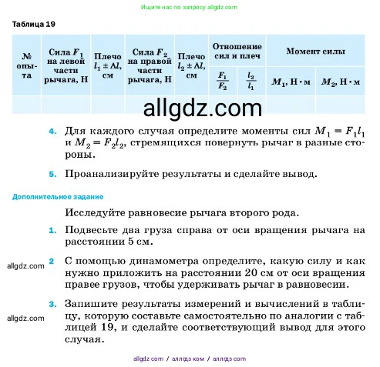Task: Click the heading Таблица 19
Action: (34, 24)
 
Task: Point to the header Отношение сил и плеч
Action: (236, 51)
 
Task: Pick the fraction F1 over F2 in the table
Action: (222, 81)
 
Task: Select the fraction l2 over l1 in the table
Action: (251, 81)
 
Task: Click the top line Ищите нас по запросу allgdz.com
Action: (189, 6)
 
